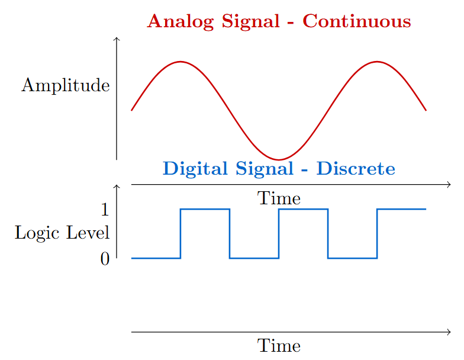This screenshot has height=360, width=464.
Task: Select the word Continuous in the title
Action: pyautogui.click(x=356, y=21)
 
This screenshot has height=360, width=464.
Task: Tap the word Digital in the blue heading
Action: pyautogui.click(x=195, y=169)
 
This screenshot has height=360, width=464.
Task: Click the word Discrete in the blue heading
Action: pyautogui.click(x=356, y=168)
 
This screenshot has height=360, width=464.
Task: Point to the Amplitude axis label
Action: pyautogui.click(x=66, y=85)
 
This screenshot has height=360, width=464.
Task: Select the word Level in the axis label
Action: pyautogui.click(x=88, y=232)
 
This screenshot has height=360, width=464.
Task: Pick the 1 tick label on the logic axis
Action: pyautogui.click(x=105, y=210)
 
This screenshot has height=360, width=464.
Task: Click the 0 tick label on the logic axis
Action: pyautogui.click(x=105, y=259)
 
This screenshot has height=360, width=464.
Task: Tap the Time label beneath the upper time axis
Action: pyautogui.click(x=279, y=198)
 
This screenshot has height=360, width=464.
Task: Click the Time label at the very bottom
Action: pyautogui.click(x=279, y=346)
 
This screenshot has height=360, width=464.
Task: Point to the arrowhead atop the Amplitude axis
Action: pyautogui.click(x=117, y=38)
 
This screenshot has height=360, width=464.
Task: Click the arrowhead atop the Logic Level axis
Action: pyautogui.click(x=117, y=186)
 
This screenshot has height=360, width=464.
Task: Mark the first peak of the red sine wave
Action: pyautogui.click(x=181, y=62)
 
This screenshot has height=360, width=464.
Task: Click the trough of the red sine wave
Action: pyautogui.click(x=279, y=160)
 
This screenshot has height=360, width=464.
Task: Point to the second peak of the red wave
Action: pyautogui.click(x=377, y=62)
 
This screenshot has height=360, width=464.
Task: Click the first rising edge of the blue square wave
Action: pyautogui.click(x=181, y=233)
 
